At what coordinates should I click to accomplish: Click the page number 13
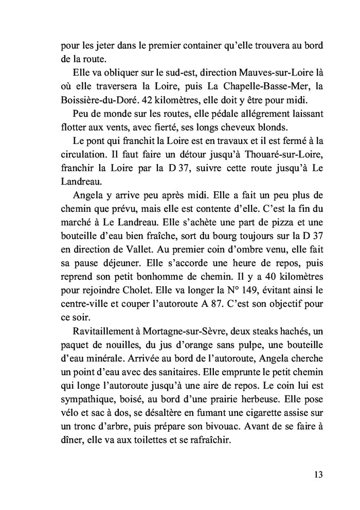tap(317, 475)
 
